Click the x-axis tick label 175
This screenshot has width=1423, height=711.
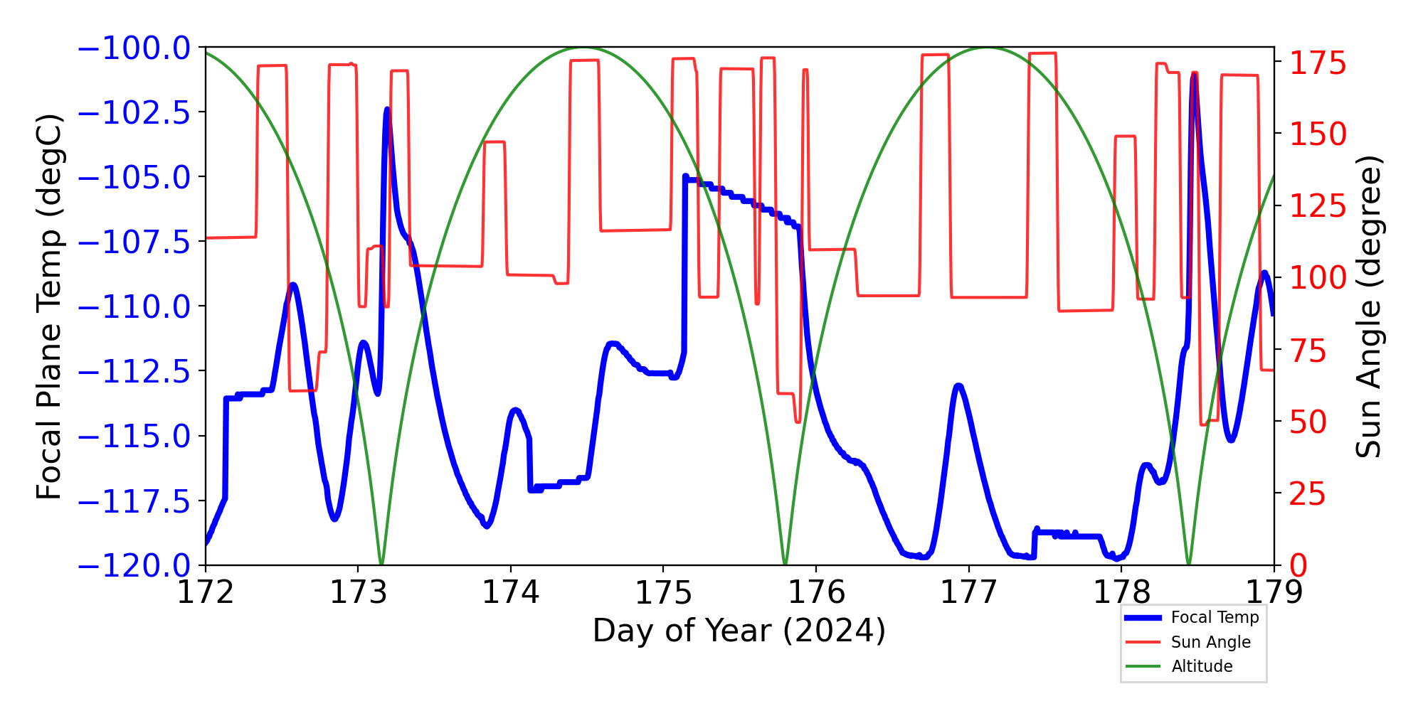pyautogui.click(x=663, y=592)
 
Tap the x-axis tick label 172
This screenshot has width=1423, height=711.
pyautogui.click(x=206, y=592)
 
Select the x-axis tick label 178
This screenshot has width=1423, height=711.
pyautogui.click(x=1121, y=592)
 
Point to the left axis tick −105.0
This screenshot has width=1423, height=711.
pyautogui.click(x=134, y=177)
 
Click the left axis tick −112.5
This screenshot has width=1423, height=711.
pyautogui.click(x=134, y=371)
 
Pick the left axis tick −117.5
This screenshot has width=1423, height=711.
pyautogui.click(x=134, y=501)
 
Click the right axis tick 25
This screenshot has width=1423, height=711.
pyautogui.click(x=1308, y=493)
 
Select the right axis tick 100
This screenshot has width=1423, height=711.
pyautogui.click(x=1318, y=277)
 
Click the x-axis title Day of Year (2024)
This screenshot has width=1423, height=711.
pyautogui.click(x=739, y=631)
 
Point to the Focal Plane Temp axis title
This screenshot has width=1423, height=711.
pyautogui.click(x=50, y=306)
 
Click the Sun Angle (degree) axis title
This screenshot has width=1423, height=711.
pyautogui.click(x=1368, y=306)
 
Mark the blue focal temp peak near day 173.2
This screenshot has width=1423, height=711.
pyautogui.click(x=387, y=109)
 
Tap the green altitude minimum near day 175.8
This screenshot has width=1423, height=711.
pyautogui.click(x=785, y=564)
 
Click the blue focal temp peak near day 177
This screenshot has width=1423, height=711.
pyautogui.click(x=958, y=385)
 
